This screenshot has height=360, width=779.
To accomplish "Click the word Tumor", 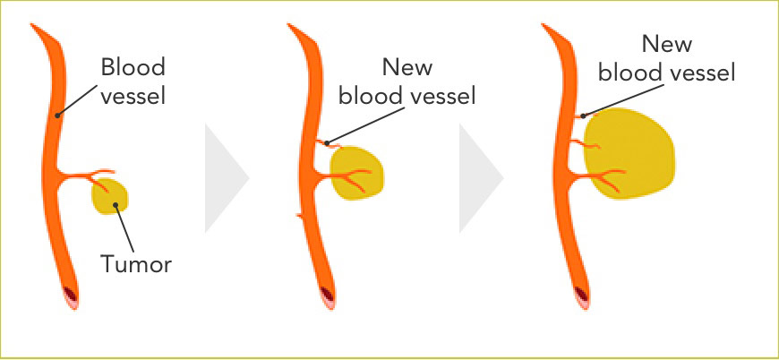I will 135,264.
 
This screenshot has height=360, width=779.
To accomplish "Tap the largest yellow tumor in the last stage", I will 631,152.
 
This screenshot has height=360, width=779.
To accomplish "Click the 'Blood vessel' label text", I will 133,81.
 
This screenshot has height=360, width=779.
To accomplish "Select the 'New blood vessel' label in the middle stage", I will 408,81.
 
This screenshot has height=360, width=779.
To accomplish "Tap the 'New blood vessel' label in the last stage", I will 666,59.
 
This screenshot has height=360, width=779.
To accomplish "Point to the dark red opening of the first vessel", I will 71,292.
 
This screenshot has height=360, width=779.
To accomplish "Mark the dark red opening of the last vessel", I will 584,292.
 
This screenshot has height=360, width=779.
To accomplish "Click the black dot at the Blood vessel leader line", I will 57,114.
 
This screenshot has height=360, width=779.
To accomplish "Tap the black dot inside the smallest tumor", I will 116,204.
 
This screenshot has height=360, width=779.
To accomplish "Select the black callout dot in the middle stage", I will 327,141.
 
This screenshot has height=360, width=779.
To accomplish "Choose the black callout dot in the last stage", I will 583,115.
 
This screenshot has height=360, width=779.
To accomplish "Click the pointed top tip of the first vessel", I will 33,25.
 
